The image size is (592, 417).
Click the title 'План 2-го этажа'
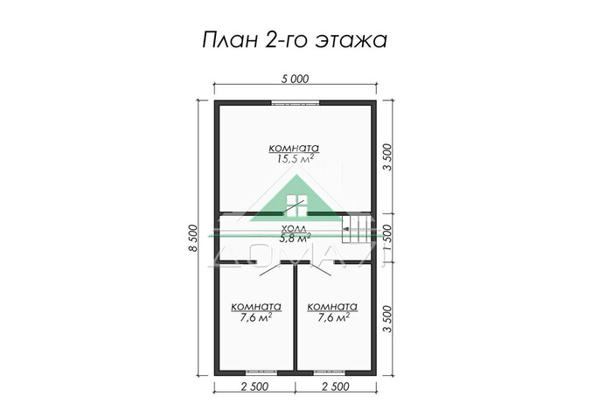click(296, 40)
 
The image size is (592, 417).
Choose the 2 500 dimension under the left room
click(255, 386)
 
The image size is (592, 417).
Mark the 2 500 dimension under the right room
click(337, 386)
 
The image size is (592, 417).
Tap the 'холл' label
click(295, 226)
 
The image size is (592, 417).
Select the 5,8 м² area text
click(295, 237)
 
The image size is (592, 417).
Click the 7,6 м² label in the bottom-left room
click(255, 318)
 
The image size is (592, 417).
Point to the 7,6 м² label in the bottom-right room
click(332, 318)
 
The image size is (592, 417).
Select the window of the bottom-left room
click(256, 371)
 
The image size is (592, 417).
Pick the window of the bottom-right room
click(336, 371)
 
